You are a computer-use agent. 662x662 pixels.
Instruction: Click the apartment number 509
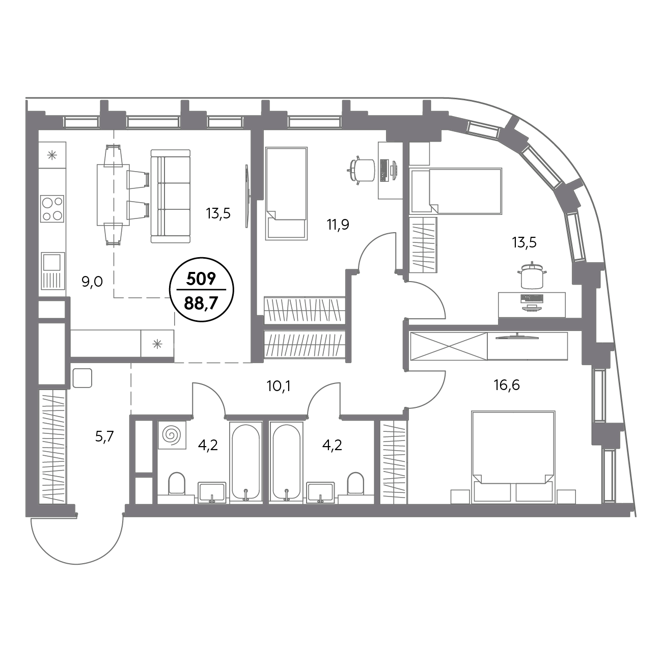tap(201, 279)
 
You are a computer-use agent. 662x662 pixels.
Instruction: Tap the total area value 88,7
tap(201, 304)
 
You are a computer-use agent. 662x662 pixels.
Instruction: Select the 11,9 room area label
tap(338, 225)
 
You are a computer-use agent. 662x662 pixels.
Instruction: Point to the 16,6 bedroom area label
tap(507, 385)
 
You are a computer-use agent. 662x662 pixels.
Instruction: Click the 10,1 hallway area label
tap(279, 387)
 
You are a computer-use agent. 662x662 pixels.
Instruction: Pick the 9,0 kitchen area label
tap(92, 282)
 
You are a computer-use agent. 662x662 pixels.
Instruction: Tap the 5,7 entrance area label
tap(104, 437)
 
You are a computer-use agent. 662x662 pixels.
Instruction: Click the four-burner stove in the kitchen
tap(52, 208)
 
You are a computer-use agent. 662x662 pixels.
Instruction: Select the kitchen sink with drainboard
tap(53, 270)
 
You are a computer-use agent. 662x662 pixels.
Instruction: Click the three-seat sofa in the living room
tap(171, 196)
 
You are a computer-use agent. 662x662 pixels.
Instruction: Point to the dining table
tap(113, 195)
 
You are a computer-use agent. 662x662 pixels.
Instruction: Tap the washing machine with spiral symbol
tap(172, 435)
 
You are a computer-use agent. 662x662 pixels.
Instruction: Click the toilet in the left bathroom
tap(177, 484)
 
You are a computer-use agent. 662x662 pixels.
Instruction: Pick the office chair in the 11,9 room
tap(362, 170)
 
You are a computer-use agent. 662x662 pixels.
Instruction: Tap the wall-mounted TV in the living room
tap(246, 196)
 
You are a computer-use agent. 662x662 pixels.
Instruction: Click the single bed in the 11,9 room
tap(286, 194)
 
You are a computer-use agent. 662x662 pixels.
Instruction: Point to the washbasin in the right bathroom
tap(320, 492)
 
